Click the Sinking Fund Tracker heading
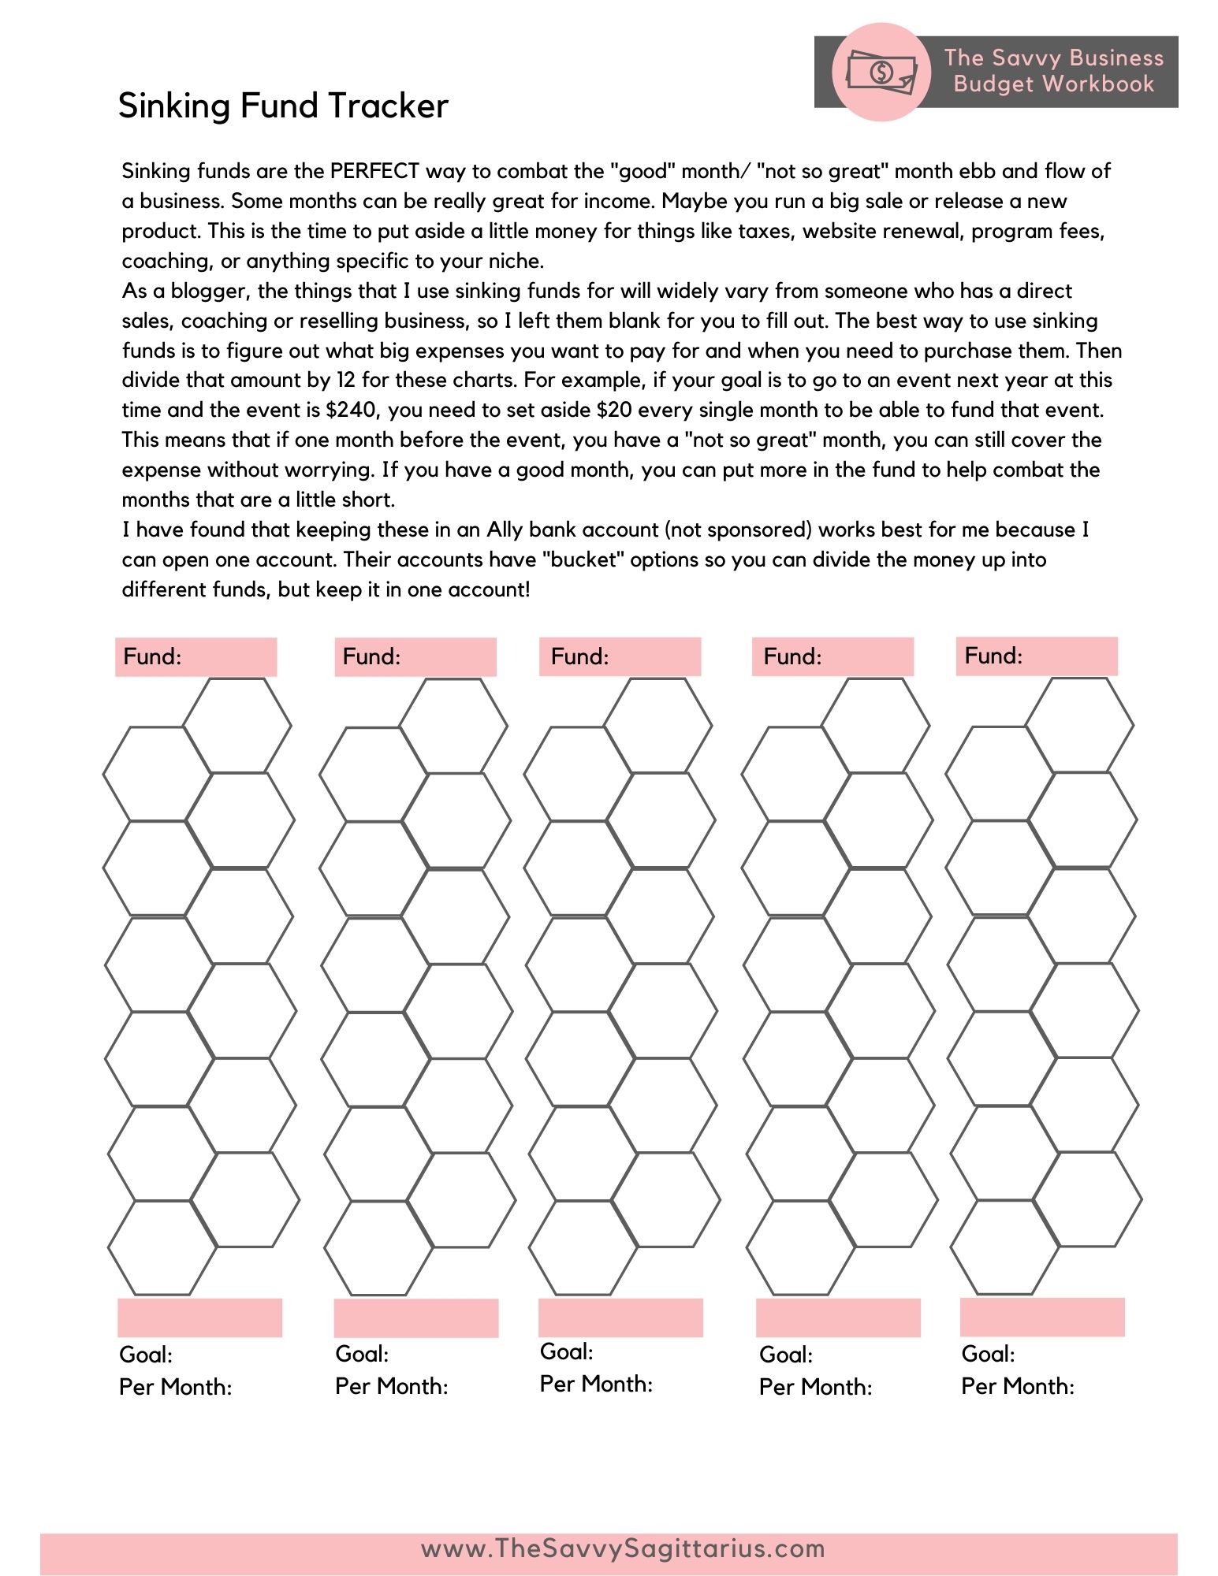coord(283,106)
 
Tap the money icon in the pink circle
coord(881,72)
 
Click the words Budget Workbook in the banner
coord(1053,84)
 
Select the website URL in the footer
coord(623,1548)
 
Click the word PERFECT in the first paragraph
coord(374,171)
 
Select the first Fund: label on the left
coord(153,656)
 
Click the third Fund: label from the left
coord(580,656)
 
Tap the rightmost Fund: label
coord(994,656)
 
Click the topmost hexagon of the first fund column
coord(237,725)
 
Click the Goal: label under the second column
coord(362,1354)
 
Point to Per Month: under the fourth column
coord(816,1387)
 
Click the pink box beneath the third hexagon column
coord(620,1318)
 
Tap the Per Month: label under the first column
coord(176,1387)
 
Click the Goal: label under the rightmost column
coord(988,1354)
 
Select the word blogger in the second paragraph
coord(210,291)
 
